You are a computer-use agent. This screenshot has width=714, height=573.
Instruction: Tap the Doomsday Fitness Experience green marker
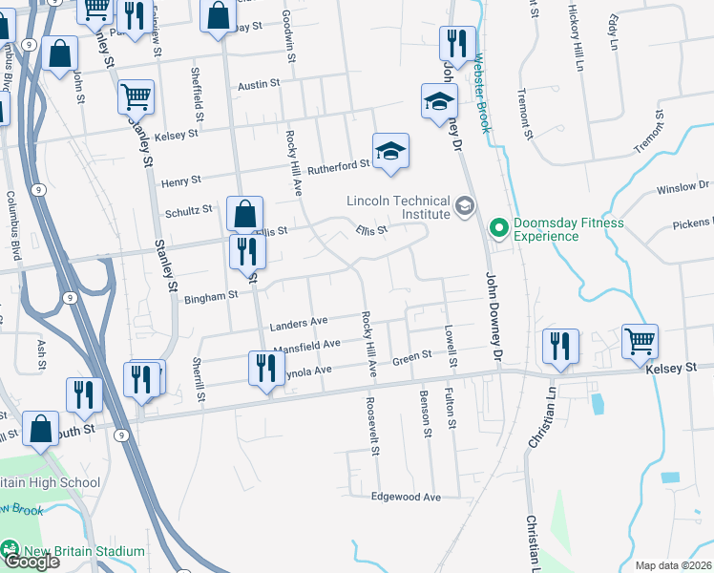tap(497, 228)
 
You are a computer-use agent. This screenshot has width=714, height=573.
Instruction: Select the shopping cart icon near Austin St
tap(136, 96)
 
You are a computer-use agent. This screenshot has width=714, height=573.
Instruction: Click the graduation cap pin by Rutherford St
tap(390, 152)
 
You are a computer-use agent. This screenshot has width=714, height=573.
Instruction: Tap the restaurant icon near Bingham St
tap(247, 252)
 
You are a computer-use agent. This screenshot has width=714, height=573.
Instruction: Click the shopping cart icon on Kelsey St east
tap(640, 341)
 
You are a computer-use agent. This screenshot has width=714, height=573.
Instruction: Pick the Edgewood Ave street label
tap(407, 498)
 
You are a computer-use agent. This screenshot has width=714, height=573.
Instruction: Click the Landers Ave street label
tap(299, 323)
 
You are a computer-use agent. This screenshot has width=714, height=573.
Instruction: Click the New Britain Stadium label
tap(84, 551)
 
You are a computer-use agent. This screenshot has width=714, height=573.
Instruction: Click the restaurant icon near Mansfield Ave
tap(264, 368)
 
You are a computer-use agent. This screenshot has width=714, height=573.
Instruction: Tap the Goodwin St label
tap(287, 38)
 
